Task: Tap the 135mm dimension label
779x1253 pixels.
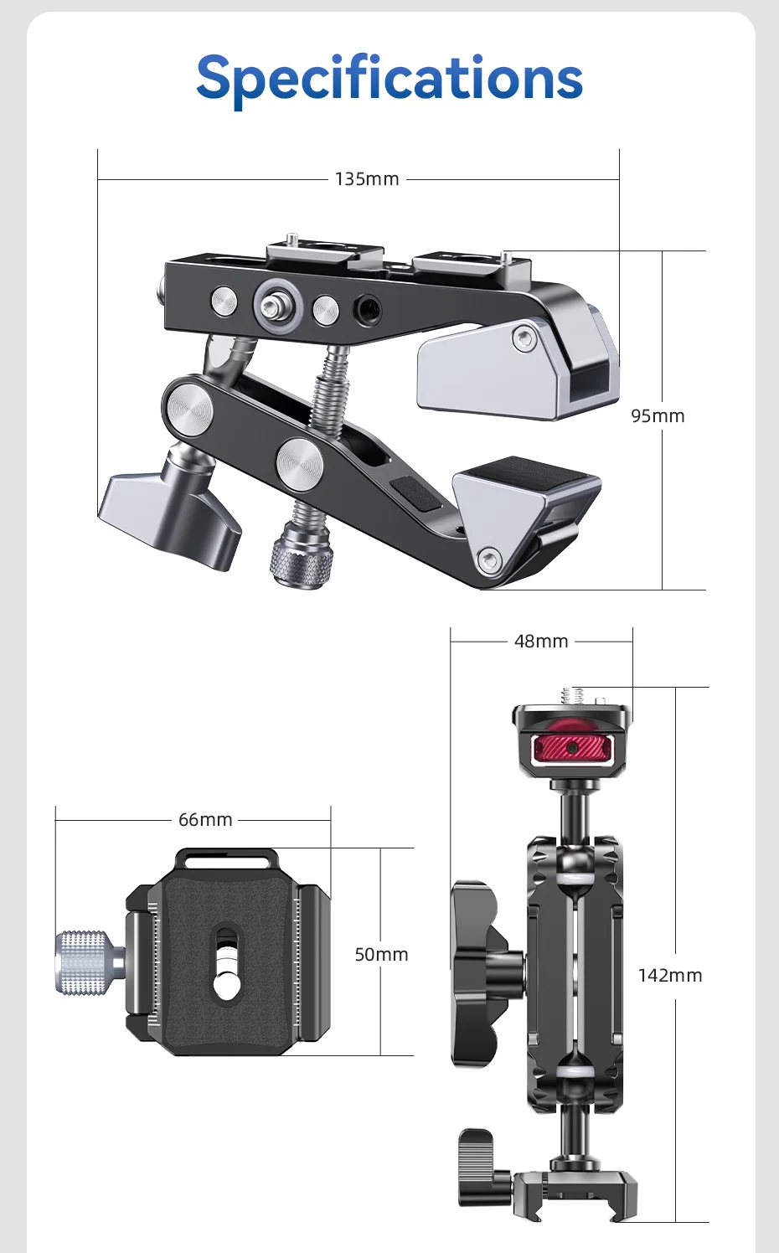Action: click(367, 179)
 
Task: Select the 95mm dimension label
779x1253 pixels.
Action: click(658, 415)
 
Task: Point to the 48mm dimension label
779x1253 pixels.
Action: click(541, 641)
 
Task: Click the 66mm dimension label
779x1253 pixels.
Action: click(205, 819)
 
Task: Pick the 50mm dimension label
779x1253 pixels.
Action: click(381, 954)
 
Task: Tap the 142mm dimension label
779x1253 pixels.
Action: click(670, 975)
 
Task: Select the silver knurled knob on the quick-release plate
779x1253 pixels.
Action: click(90, 962)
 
